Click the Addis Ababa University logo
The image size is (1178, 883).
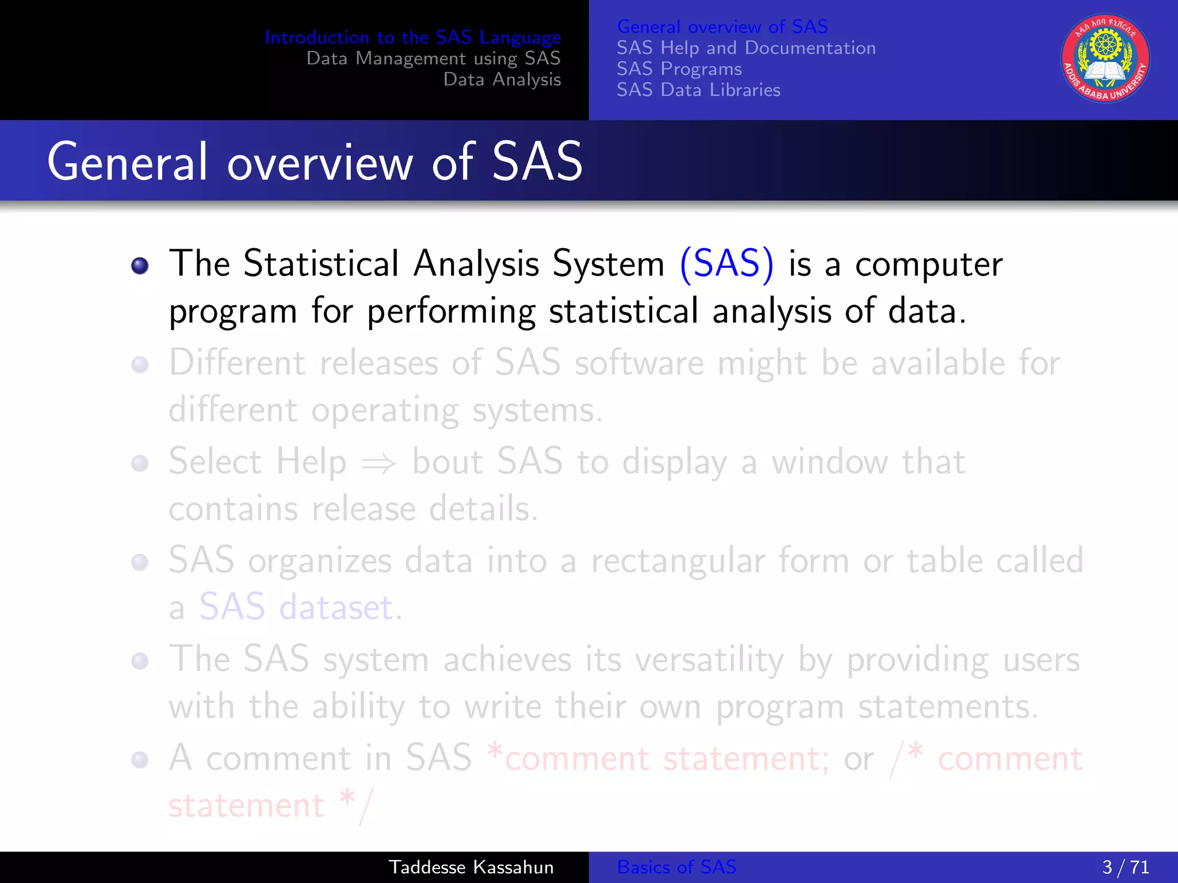pos(1105,58)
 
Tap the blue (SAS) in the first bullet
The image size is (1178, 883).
pos(726,264)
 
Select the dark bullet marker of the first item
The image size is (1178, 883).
pos(140,266)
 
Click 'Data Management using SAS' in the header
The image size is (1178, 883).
pos(433,58)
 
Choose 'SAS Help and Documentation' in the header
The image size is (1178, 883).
pos(746,48)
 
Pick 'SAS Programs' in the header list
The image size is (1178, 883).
pos(679,69)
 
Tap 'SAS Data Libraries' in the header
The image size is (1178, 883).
pos(698,90)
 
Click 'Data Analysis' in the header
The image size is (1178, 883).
pos(502,79)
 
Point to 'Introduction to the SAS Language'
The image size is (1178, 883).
pos(412,37)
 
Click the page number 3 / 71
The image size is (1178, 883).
pos(1125,867)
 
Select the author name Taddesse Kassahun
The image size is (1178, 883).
pos(471,867)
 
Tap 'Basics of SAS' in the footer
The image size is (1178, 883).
pos(676,867)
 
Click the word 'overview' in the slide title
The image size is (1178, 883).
pos(320,163)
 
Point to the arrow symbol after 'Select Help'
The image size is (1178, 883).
pos(378,463)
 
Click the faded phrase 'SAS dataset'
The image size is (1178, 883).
pos(296,607)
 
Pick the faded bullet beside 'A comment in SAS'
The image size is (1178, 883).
pos(140,760)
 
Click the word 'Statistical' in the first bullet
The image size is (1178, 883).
pos(321,264)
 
